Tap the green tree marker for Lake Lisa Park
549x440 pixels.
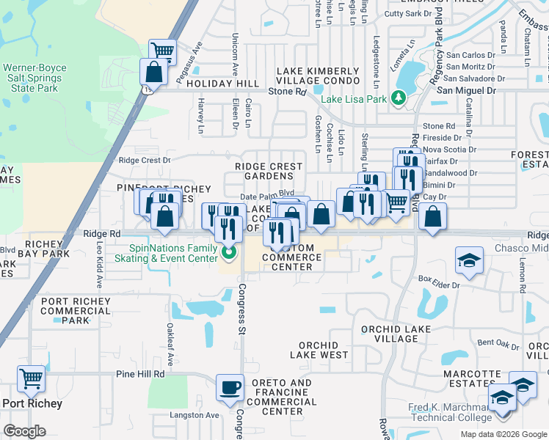[x=399, y=97]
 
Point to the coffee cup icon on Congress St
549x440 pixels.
[x=230, y=386]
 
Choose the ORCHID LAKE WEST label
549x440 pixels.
[x=319, y=350]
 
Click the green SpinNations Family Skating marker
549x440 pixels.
[x=229, y=254]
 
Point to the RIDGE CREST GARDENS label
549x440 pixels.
[x=269, y=172]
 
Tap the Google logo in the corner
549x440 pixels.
[x=24, y=431]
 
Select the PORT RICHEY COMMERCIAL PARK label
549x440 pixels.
[x=76, y=311]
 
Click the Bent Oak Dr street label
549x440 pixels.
[x=498, y=342]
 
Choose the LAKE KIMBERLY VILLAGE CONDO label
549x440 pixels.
[x=318, y=76]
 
